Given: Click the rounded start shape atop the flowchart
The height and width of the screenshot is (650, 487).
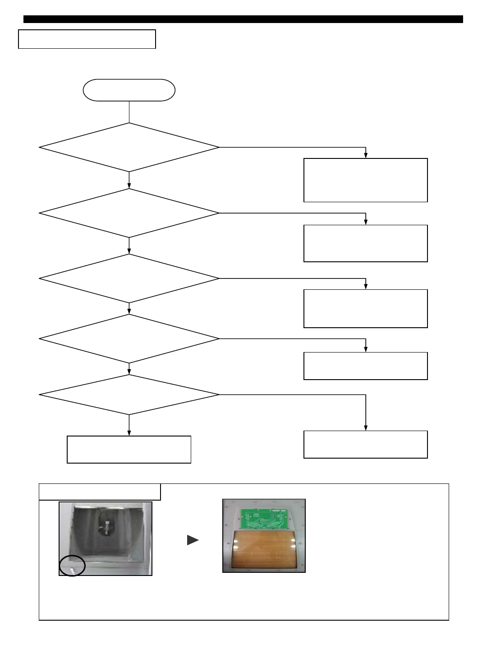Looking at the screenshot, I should point(129,90).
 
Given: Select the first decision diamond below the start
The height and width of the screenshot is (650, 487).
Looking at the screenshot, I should point(129,147).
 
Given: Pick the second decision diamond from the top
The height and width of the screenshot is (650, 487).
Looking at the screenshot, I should point(129,213).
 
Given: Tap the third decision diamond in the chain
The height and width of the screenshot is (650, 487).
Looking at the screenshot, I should point(129,279).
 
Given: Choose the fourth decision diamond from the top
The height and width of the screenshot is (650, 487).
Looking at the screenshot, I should point(129,339).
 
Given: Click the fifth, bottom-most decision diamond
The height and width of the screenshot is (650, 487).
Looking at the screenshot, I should point(129,395).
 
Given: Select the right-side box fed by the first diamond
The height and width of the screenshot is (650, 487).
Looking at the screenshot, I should point(365,180).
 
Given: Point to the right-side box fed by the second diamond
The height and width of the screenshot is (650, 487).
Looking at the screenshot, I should point(365,243).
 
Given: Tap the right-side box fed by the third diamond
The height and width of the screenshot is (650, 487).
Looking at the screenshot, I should point(365,308).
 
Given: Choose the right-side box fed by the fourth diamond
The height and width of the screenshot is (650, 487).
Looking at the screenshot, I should point(365,366).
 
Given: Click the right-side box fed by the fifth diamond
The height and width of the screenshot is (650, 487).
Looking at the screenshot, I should point(365,445).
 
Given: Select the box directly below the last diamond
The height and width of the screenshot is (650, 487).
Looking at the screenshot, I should point(129,450).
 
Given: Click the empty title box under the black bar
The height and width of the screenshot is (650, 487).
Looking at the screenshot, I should point(87,39).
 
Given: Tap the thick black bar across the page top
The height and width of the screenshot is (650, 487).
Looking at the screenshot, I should point(243,19).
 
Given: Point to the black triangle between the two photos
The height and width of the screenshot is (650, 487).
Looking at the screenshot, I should point(193,540).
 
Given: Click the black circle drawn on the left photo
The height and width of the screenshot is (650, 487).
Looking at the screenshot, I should point(72,566).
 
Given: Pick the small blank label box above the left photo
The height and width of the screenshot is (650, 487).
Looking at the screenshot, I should point(100,492).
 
